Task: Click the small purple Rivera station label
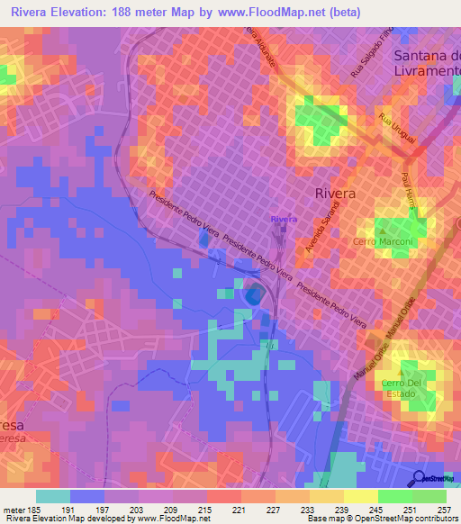pos(283,219)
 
